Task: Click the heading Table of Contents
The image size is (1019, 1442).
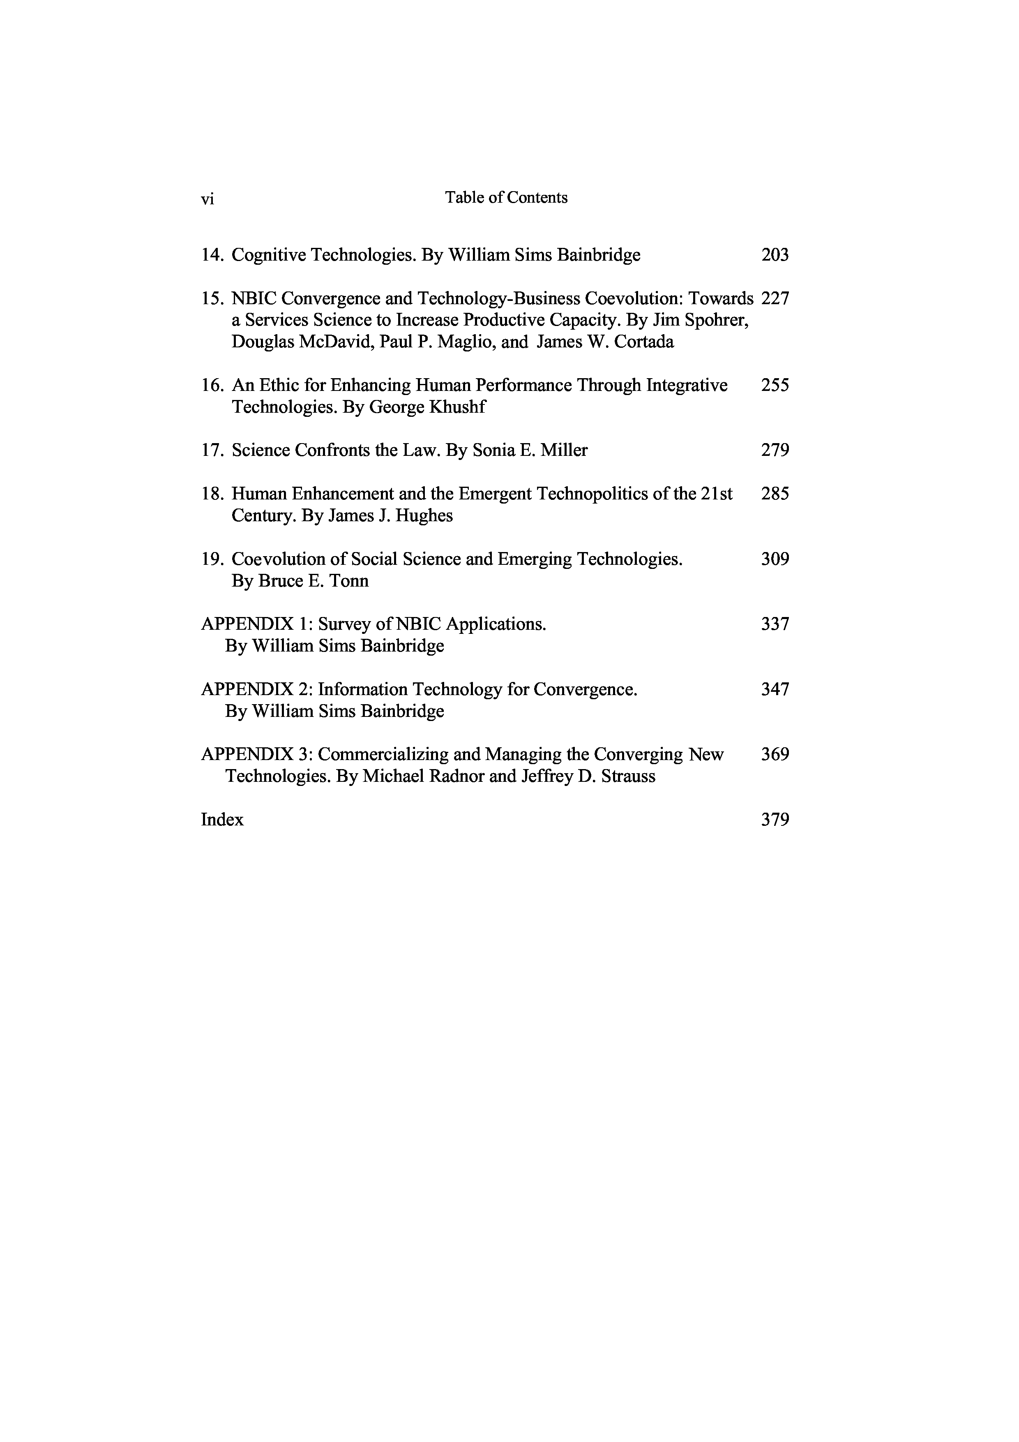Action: coord(506,197)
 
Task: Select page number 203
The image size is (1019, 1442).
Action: coord(775,255)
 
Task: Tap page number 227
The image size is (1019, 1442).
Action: coord(775,298)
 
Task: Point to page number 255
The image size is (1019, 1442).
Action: coord(775,385)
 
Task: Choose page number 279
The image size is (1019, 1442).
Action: coord(775,450)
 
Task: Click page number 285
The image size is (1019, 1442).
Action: coord(775,494)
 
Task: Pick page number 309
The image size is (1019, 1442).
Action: coord(775,559)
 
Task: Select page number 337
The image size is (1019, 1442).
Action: coord(775,624)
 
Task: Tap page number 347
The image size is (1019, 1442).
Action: coord(775,690)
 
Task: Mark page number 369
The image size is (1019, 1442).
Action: coord(775,754)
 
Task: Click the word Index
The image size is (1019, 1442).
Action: coord(222,820)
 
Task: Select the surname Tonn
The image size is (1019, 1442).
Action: coord(349,581)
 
